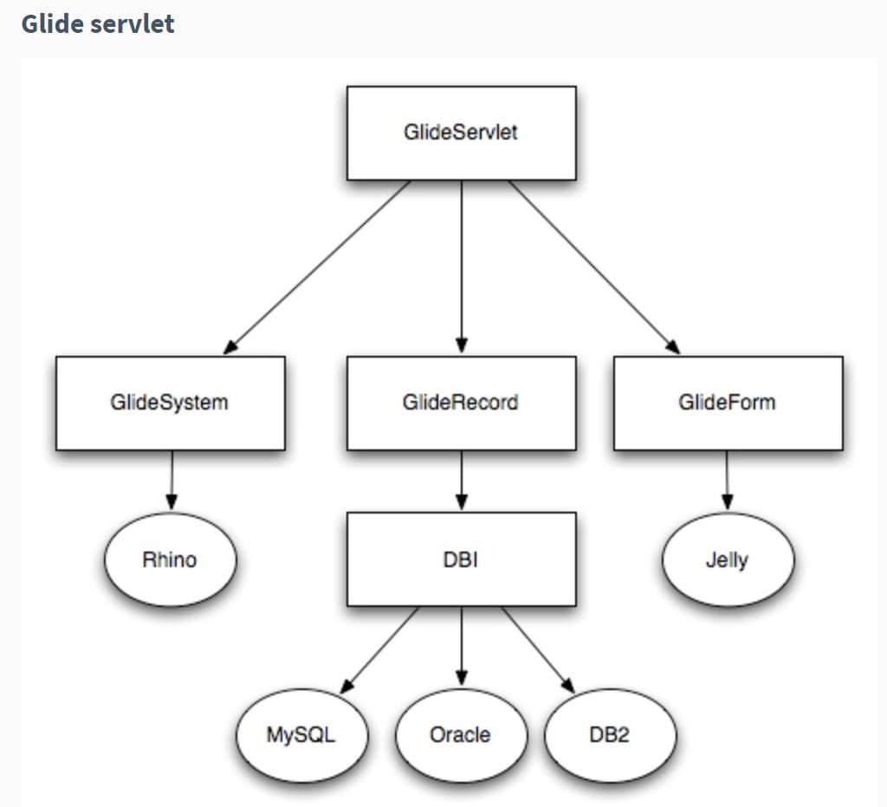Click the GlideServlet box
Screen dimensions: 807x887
(x=461, y=133)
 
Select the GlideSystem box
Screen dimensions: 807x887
(x=170, y=403)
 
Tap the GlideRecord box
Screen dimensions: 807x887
(x=461, y=403)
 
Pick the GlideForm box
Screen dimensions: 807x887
(x=728, y=403)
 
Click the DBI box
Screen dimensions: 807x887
(x=461, y=559)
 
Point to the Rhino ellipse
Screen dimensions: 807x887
(x=170, y=560)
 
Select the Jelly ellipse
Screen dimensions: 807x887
(x=728, y=560)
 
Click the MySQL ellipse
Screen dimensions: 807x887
(x=301, y=735)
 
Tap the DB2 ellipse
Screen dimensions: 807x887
(x=610, y=735)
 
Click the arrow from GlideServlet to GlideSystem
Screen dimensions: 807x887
(x=318, y=267)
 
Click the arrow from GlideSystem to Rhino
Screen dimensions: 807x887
(x=171, y=481)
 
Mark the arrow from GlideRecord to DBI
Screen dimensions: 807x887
(x=461, y=481)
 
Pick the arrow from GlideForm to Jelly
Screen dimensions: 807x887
(x=727, y=481)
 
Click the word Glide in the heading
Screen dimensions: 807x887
(x=49, y=23)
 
